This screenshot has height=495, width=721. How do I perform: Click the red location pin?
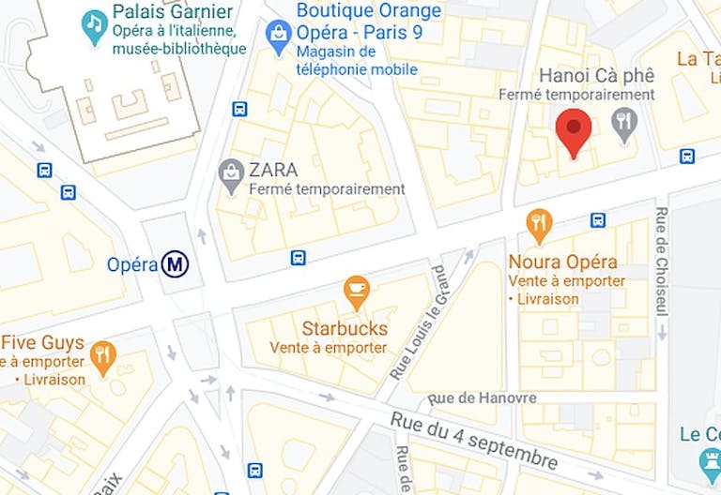click(574, 130)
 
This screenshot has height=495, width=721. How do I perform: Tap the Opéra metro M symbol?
click(174, 265)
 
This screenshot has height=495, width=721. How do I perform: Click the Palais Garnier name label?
click(173, 12)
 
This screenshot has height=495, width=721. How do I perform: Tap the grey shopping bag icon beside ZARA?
click(231, 175)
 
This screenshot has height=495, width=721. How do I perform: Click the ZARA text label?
click(273, 170)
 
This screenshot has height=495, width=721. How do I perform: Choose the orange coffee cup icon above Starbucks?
click(357, 292)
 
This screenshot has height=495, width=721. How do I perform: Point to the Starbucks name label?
click(344, 329)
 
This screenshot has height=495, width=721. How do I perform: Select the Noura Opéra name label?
click(562, 262)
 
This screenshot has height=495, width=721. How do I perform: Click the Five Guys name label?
click(42, 343)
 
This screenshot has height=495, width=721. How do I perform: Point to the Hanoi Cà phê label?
click(597, 76)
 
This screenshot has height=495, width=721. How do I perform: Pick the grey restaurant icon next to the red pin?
click(623, 121)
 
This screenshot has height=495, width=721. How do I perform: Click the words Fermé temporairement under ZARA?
click(327, 189)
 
